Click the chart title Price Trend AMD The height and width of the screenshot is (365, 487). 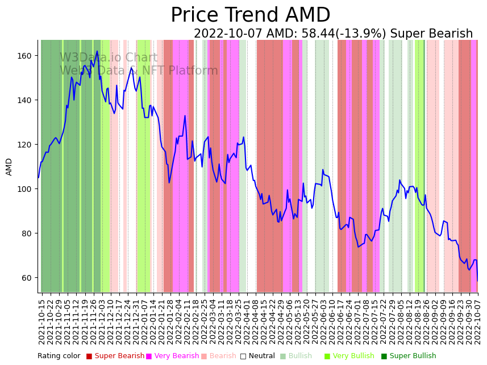point(250,15)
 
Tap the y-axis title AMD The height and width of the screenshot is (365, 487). point(9,167)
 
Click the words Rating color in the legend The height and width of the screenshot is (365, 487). point(59,356)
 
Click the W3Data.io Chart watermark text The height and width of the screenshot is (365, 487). point(109,58)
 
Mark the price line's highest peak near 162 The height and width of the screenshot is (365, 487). point(97,51)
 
